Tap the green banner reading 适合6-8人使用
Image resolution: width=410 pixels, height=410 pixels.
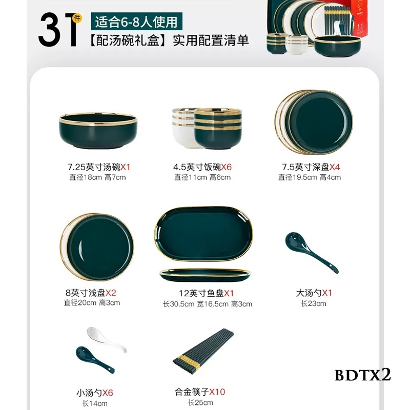[x=136, y=22]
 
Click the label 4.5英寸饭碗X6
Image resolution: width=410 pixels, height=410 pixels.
[x=202, y=167]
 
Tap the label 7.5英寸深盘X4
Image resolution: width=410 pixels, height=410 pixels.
[x=311, y=167]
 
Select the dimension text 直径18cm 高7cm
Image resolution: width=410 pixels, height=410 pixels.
[x=97, y=177]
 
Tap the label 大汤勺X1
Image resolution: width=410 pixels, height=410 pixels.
[x=314, y=293]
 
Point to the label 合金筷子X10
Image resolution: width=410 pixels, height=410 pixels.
[x=200, y=392]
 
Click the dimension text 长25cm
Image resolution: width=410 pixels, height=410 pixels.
[x=200, y=403]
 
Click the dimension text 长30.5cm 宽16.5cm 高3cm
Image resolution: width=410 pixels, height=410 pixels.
[x=208, y=304]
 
